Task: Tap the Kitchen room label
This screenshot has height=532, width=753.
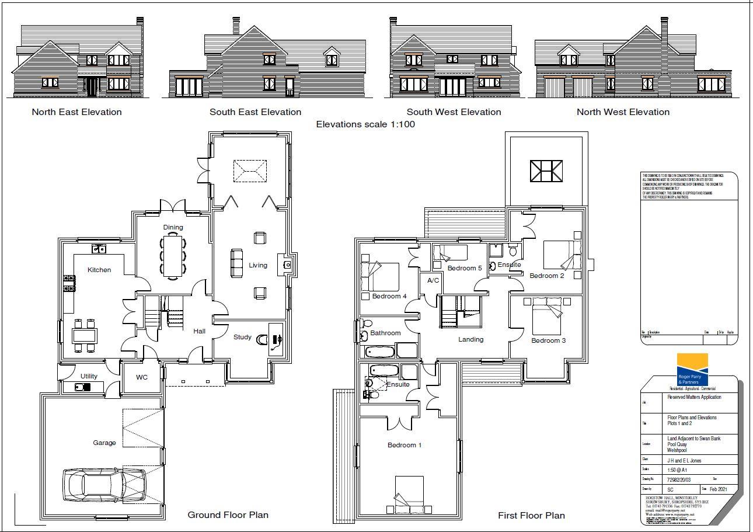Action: pyautogui.click(x=99, y=270)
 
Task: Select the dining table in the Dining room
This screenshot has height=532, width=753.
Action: pyautogui.click(x=173, y=255)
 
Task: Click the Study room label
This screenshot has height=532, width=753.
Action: pyautogui.click(x=242, y=337)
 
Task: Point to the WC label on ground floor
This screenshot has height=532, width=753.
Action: pyautogui.click(x=141, y=377)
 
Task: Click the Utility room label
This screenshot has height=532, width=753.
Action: pyautogui.click(x=89, y=376)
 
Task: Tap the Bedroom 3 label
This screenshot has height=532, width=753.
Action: pyautogui.click(x=548, y=340)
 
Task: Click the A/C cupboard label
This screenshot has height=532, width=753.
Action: pyautogui.click(x=433, y=280)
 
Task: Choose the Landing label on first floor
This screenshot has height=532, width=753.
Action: pyautogui.click(x=470, y=339)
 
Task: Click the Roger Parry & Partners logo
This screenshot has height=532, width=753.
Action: pyautogui.click(x=692, y=370)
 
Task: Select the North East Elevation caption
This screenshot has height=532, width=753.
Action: pyautogui.click(x=76, y=112)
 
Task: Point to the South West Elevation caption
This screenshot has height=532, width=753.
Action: pyautogui.click(x=454, y=112)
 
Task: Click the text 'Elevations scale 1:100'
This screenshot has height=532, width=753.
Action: pyautogui.click(x=365, y=124)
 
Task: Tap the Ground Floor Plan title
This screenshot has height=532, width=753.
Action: pyautogui.click(x=228, y=514)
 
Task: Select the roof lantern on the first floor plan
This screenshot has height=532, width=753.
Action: pyautogui.click(x=546, y=171)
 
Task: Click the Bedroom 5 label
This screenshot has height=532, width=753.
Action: pyautogui.click(x=465, y=268)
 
